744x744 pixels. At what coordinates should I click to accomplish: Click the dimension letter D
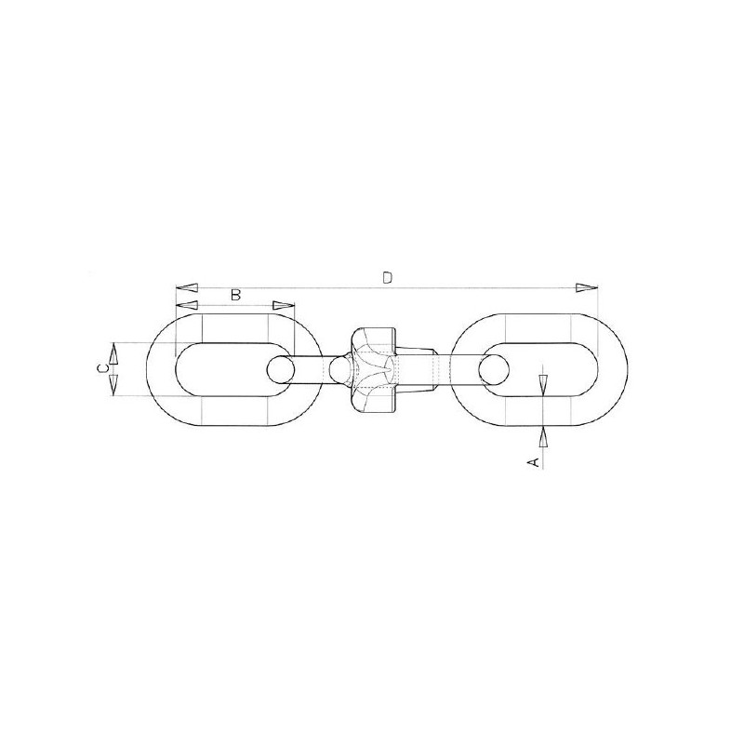click(x=388, y=277)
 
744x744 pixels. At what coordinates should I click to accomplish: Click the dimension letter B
click(x=236, y=295)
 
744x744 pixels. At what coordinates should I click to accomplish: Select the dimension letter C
click(x=101, y=368)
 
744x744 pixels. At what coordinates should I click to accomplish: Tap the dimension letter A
click(x=534, y=461)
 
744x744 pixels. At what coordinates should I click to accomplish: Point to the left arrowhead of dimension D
click(x=187, y=287)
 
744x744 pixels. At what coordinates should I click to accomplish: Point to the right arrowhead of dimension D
click(x=587, y=287)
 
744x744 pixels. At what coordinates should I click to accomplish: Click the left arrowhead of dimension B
click(x=187, y=305)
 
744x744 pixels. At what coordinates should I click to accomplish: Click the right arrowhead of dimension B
click(x=284, y=305)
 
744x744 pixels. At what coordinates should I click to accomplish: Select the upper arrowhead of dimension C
click(x=113, y=354)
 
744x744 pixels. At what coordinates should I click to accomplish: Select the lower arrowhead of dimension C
click(x=113, y=384)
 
